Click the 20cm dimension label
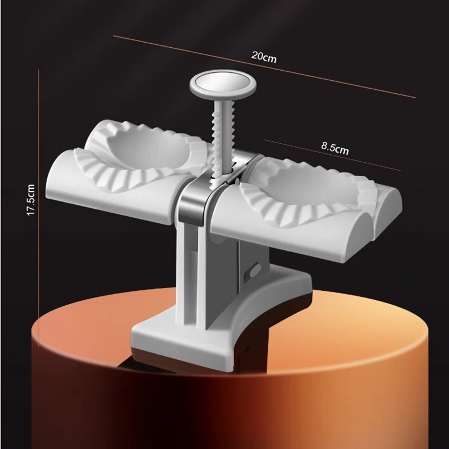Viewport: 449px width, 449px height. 264,57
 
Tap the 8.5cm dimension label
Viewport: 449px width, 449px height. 335,148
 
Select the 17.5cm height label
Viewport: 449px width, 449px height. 31,200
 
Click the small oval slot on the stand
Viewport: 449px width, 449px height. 255,270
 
